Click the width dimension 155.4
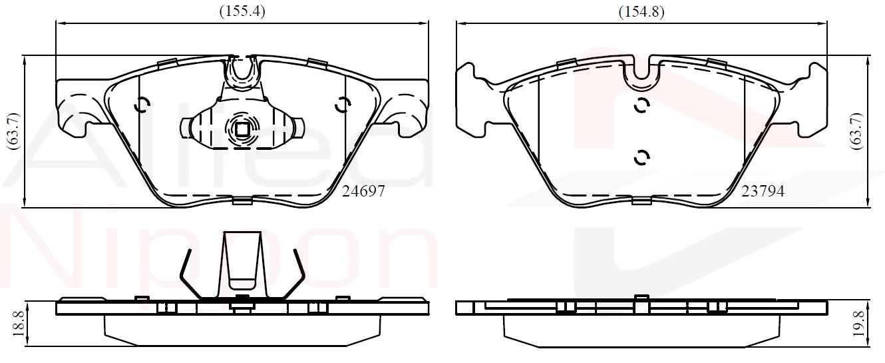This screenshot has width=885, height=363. point(242,11)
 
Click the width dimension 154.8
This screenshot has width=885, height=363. point(641,12)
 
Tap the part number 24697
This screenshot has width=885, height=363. point(363,191)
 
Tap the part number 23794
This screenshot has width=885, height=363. point(763,191)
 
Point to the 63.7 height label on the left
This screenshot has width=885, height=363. point(14,131)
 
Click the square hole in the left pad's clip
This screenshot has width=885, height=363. point(242,129)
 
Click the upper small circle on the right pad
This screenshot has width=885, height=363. point(641,106)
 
